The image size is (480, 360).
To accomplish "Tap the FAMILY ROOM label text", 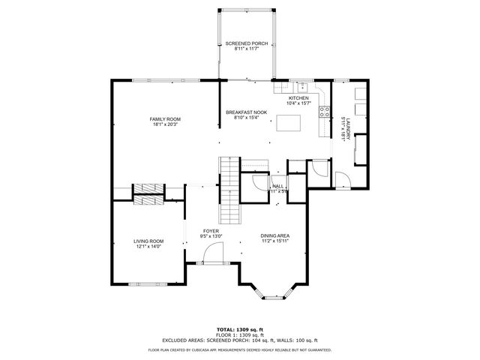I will point(164,119).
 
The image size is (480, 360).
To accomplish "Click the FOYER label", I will point(211,231).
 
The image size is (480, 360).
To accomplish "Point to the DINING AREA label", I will point(275,235).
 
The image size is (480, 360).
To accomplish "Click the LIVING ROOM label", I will point(148,241).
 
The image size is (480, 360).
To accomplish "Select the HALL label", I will point(277,186).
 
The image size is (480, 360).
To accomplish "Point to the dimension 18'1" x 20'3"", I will point(164,124).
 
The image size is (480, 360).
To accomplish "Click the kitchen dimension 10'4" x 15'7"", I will point(298,103).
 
